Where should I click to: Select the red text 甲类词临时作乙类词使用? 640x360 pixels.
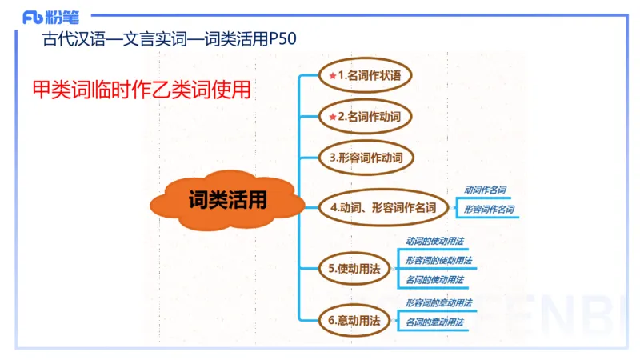click(142, 89)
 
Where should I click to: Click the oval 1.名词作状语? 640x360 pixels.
click(365, 76)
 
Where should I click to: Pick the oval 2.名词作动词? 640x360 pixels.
click(365, 117)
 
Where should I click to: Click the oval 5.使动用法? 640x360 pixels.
click(354, 269)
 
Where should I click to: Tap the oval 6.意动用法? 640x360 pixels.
click(354, 320)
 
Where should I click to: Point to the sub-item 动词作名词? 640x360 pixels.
click(485, 190)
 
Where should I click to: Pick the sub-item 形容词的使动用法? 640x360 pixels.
click(438, 261)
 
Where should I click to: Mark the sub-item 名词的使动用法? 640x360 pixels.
click(434, 280)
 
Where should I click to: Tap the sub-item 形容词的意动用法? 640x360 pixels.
click(438, 303)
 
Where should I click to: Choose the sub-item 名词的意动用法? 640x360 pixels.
click(434, 322)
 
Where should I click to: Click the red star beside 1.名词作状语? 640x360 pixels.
click(332, 76)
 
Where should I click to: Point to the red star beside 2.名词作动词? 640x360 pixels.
click(332, 117)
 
